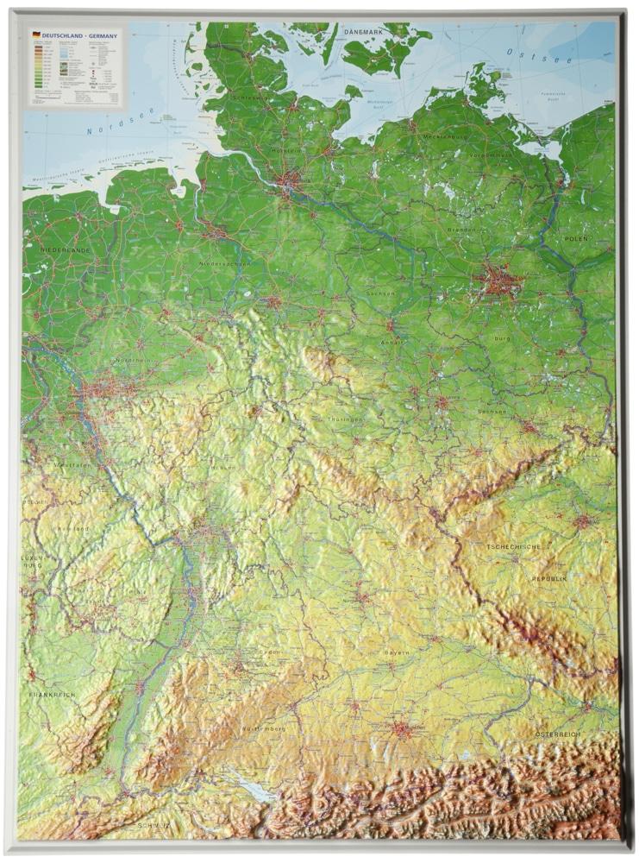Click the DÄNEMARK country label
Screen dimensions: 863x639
click(x=362, y=31)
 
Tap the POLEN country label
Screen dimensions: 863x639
click(x=576, y=238)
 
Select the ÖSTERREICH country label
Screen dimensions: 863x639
click(x=558, y=734)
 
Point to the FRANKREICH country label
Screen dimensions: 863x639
click(x=52, y=695)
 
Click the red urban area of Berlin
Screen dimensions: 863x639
click(x=498, y=282)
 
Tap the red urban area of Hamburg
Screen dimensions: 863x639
click(x=289, y=182)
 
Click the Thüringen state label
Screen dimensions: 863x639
click(x=345, y=419)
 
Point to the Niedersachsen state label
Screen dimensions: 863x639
click(x=224, y=264)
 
